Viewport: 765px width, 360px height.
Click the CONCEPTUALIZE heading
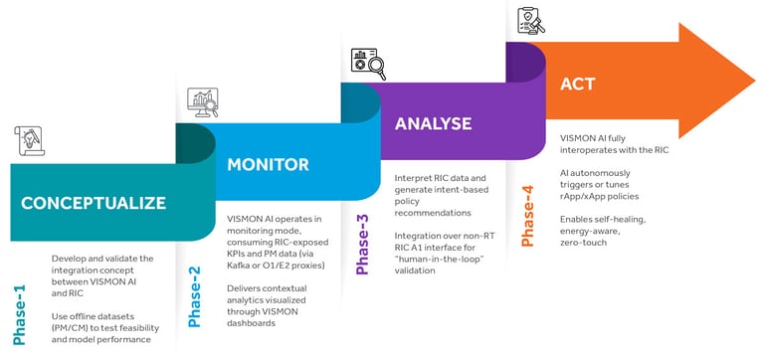tap(94, 203)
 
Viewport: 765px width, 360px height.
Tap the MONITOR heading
tap(268, 164)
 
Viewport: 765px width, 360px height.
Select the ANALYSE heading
tap(435, 124)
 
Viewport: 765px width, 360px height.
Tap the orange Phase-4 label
tap(527, 211)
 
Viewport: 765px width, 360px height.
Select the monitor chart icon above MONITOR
tap(203, 102)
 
